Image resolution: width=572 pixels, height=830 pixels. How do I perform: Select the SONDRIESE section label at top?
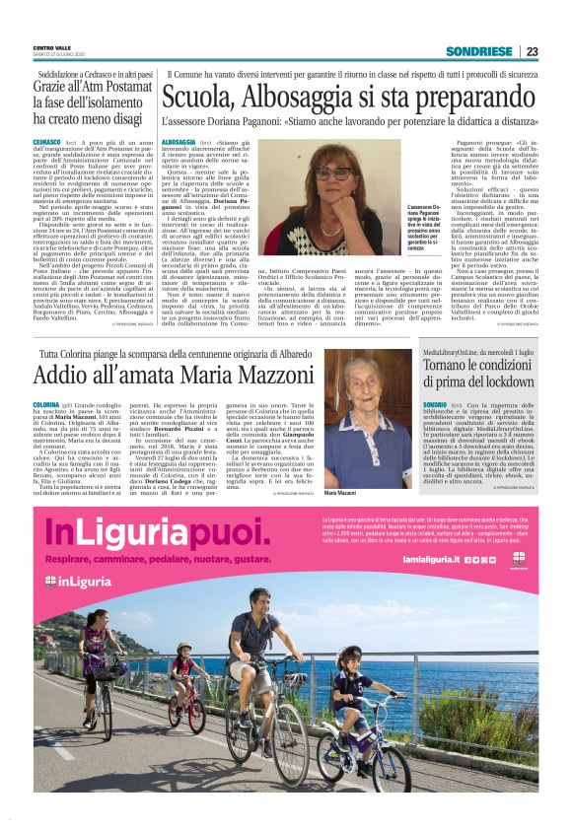[479, 51]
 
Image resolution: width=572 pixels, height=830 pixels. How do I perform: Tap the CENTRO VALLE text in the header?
[51, 47]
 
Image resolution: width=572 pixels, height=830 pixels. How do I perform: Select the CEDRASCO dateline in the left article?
[47, 143]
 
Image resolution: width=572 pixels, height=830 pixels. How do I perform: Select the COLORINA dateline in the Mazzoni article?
[46, 405]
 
